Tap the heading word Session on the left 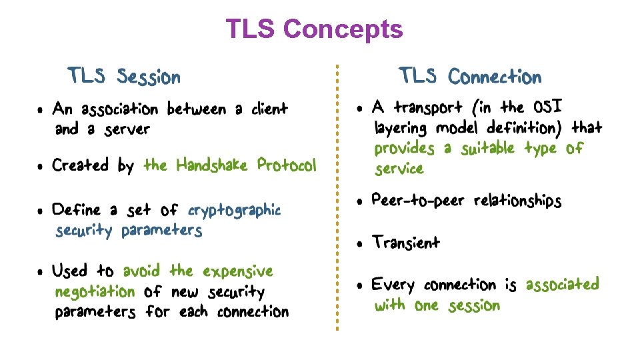[x=148, y=77]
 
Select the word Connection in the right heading [x=494, y=77]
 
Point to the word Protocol [x=287, y=165]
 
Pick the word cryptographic [x=234, y=211]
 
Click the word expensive [x=238, y=271]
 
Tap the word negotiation [x=95, y=291]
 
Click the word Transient [x=406, y=243]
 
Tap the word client [x=269, y=109]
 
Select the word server [x=127, y=129]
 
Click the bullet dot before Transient [x=359, y=244]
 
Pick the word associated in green [x=562, y=285]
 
